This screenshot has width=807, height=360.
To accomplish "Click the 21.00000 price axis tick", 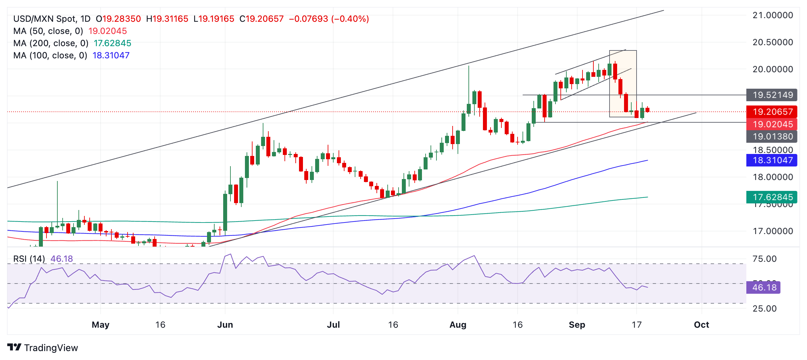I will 772,15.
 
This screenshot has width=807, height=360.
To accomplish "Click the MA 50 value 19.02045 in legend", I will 107,31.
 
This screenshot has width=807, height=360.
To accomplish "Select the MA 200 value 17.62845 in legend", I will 112,43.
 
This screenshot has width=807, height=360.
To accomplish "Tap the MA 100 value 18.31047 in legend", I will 111,55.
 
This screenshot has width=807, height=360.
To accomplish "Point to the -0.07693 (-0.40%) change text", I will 329,19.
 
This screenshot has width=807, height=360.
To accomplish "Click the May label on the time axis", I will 101,325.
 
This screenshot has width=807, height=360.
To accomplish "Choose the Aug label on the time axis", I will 458,325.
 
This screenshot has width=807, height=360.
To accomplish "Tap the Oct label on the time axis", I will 701,325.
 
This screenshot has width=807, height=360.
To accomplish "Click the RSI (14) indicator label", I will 29,259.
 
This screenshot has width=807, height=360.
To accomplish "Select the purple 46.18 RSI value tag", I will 763,287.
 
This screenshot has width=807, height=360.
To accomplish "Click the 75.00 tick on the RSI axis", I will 764,259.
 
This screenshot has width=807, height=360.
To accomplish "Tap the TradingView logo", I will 43,348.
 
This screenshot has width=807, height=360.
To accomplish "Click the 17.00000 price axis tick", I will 772,231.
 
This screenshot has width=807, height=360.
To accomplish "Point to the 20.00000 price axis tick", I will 772,69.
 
